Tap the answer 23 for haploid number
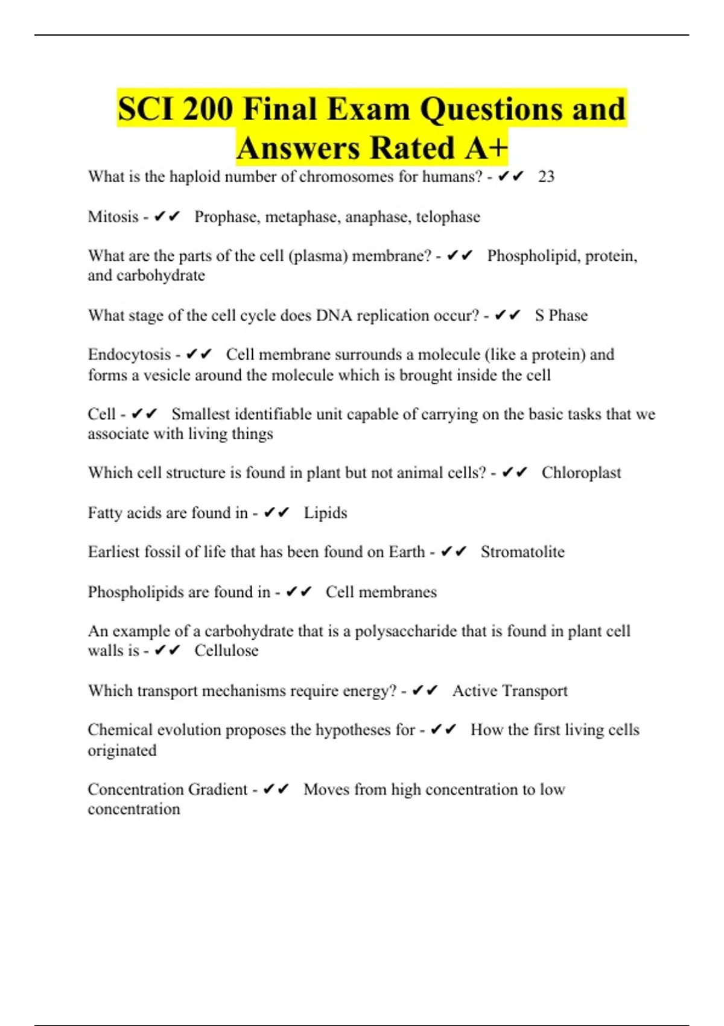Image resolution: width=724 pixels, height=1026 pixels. [546, 177]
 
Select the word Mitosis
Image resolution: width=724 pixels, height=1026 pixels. [113, 217]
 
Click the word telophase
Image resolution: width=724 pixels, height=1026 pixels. [448, 217]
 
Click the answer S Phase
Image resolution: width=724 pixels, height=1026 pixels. [561, 315]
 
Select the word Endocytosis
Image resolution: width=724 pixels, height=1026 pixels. [129, 354]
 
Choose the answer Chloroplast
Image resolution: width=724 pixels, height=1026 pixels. [581, 473]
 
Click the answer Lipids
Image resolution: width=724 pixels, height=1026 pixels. [325, 513]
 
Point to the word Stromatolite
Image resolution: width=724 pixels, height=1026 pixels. [522, 552]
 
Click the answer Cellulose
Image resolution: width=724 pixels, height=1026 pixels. [226, 651]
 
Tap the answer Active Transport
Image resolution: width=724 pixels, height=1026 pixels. [510, 690]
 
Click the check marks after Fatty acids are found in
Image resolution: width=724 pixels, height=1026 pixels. [277, 513]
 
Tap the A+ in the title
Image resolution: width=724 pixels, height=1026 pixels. [485, 148]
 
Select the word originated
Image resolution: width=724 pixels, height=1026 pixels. [122, 750]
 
